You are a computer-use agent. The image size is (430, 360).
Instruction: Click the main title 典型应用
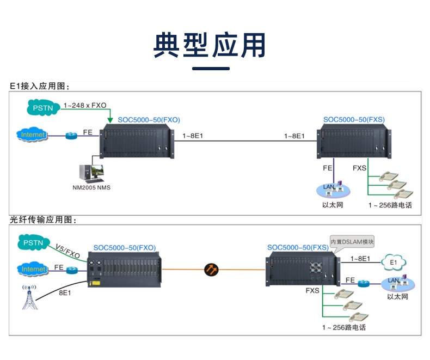[210, 45]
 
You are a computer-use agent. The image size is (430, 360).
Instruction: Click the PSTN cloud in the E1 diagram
[43, 108]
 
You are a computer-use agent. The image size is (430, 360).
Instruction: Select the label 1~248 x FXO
[85, 105]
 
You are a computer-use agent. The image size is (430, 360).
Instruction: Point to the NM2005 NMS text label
[91, 188]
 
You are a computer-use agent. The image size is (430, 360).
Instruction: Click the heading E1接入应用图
[40, 86]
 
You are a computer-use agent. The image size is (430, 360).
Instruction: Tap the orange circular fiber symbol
[211, 269]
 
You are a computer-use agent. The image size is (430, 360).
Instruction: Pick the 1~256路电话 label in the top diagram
[390, 205]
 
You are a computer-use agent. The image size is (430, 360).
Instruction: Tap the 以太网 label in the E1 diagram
[332, 205]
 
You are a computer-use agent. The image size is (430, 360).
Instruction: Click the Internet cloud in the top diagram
[32, 135]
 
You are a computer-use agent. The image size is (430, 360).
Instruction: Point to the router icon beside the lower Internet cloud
[72, 270]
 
